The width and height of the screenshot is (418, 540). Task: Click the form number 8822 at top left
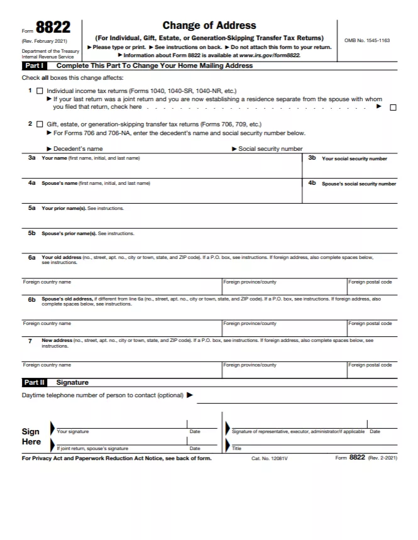tap(53, 28)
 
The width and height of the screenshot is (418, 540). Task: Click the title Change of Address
tap(209, 26)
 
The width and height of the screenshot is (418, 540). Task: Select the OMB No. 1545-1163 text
tap(366, 40)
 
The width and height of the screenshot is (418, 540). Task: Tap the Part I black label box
tap(34, 65)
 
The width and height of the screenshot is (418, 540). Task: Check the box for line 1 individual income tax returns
tap(40, 91)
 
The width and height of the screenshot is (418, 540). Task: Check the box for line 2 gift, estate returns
tap(40, 124)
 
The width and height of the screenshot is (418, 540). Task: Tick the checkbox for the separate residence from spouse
tap(393, 107)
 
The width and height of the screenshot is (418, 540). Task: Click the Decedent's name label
tap(78, 149)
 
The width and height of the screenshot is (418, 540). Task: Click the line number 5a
tap(31, 208)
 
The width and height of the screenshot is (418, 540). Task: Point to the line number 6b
tap(31, 300)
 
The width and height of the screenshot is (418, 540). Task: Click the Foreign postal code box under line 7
tap(372, 371)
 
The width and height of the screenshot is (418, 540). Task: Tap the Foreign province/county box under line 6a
tap(284, 289)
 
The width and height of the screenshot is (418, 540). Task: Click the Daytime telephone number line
tap(297, 397)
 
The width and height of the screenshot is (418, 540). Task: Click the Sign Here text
tap(31, 436)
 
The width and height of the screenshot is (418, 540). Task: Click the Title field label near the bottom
tap(236, 449)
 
